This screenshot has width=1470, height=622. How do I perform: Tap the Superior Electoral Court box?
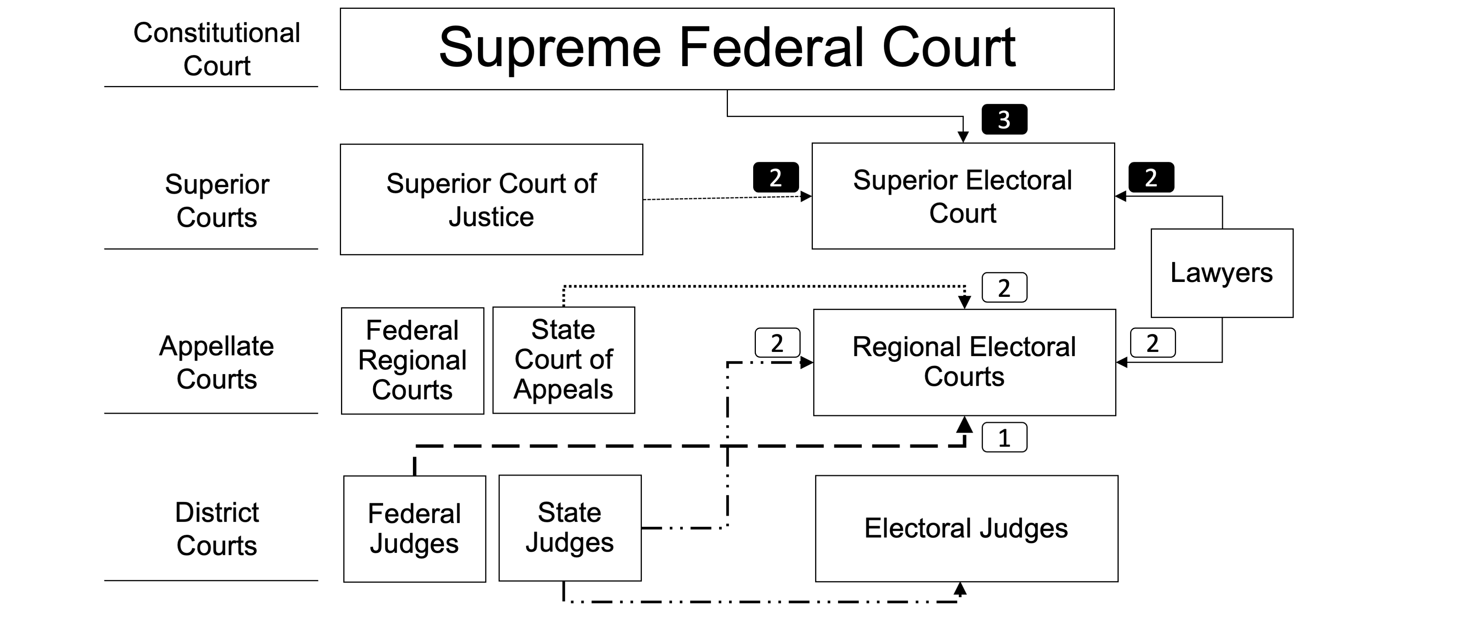[963, 196]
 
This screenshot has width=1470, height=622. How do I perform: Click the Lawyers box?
[1221, 273]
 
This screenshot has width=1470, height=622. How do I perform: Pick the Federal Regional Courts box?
[412, 361]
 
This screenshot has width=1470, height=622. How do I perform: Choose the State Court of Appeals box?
[563, 360]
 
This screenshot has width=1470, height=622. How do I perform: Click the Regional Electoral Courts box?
[964, 362]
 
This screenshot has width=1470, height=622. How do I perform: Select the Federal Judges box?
[414, 528]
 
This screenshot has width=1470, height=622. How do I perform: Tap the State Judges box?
[569, 528]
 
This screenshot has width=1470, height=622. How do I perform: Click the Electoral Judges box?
[966, 528]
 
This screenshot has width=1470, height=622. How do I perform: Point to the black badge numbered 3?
[1004, 120]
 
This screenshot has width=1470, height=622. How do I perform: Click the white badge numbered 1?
[1004, 438]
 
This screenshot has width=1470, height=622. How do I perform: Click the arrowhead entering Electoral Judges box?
[960, 588]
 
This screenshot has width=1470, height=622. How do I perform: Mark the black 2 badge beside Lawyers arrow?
[1151, 177]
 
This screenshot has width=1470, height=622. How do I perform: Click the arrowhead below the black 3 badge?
[963, 137]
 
